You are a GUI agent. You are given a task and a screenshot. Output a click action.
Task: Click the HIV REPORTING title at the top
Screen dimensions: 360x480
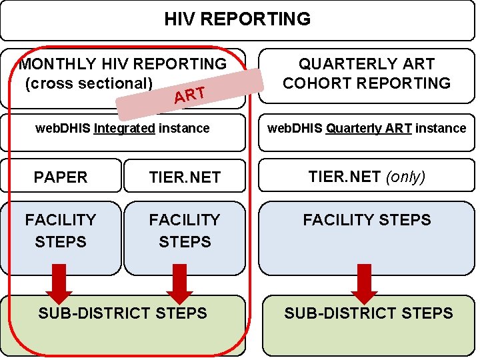click(x=237, y=19)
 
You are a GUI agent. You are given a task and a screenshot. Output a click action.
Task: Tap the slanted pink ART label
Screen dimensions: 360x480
click(x=189, y=96)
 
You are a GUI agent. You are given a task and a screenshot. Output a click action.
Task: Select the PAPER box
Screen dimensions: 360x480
click(x=61, y=177)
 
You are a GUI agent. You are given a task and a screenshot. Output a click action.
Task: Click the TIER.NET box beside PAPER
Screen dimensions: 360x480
click(x=185, y=177)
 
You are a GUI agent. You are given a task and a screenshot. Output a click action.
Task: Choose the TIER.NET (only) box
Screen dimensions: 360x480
click(x=366, y=177)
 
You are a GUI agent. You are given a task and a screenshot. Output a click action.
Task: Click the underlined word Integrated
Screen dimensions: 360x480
click(x=125, y=128)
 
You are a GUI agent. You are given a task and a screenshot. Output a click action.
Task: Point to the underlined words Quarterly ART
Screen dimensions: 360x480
click(x=369, y=128)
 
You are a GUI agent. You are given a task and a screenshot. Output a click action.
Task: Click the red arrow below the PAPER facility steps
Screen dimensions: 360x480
click(x=59, y=283)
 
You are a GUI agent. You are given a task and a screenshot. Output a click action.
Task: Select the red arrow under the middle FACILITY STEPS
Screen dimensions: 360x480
click(x=179, y=283)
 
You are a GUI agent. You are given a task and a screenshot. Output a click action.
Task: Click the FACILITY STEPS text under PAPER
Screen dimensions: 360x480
click(x=61, y=231)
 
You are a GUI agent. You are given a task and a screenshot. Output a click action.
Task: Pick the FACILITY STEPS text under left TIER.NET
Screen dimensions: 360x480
click(x=185, y=231)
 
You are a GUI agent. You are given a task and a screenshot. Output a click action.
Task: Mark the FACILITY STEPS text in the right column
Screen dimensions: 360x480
click(x=367, y=220)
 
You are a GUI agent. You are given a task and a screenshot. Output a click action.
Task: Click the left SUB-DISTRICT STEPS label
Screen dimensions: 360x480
click(x=123, y=313)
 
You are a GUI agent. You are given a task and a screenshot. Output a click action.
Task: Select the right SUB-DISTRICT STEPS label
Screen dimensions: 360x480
click(x=369, y=313)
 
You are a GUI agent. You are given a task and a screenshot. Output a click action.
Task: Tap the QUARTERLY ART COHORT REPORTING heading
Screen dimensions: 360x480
click(x=367, y=74)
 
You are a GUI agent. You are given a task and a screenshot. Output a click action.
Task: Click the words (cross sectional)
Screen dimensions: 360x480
click(x=89, y=83)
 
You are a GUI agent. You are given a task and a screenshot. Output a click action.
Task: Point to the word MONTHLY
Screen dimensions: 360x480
click(x=58, y=65)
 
